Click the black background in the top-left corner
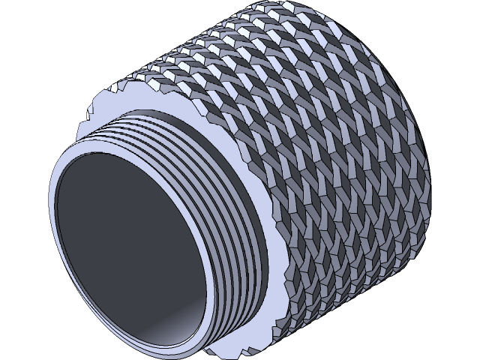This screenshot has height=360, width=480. click(x=22, y=22)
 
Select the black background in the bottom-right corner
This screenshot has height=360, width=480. click(x=457, y=337)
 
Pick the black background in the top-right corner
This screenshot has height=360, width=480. click(x=457, y=22)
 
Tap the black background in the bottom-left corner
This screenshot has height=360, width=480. click(x=22, y=337)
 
